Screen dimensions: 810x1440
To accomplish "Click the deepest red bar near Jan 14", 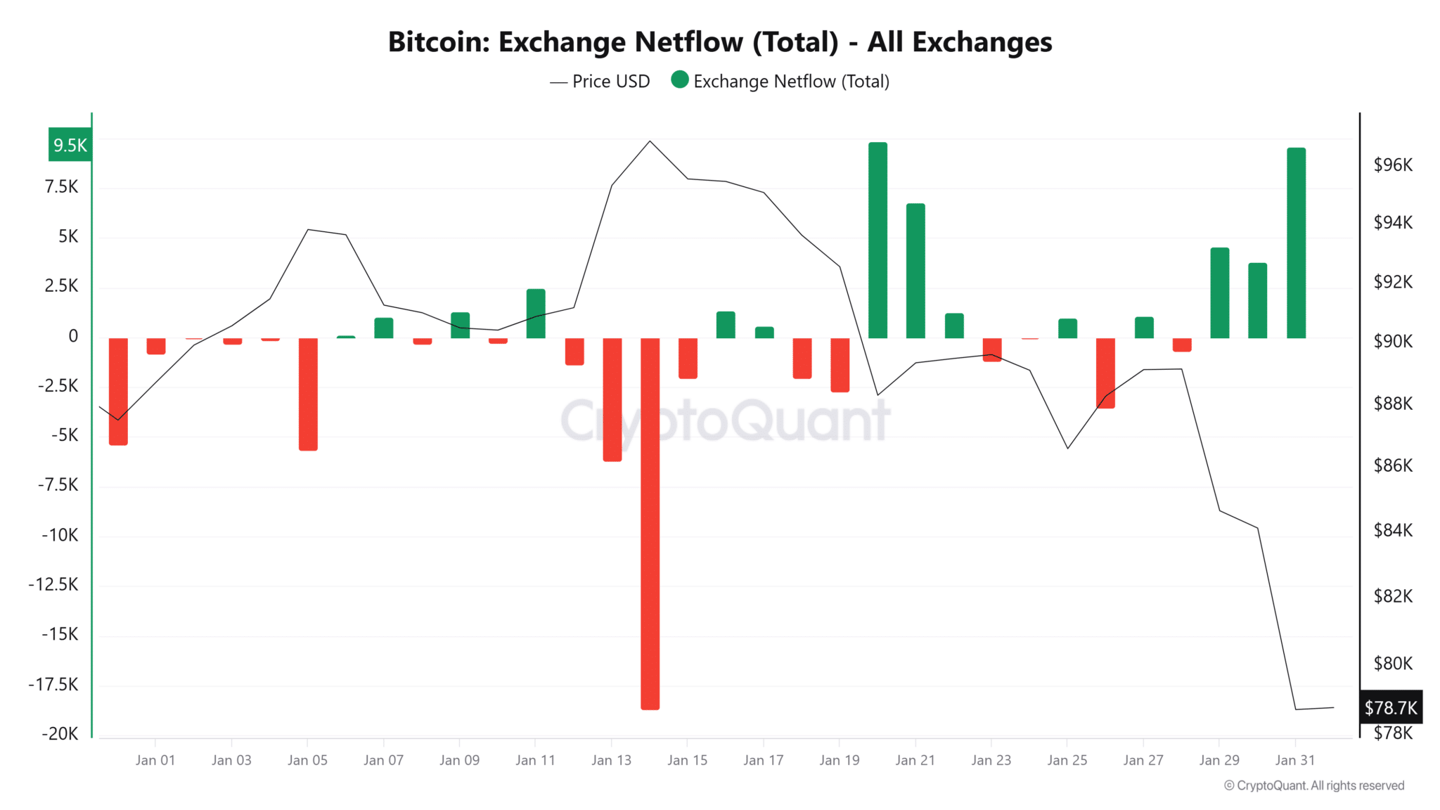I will tap(650, 523).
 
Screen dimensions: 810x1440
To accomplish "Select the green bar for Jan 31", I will tap(1296, 243).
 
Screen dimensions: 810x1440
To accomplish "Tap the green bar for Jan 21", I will tap(915, 271).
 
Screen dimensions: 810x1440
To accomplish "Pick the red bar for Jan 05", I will tap(308, 394).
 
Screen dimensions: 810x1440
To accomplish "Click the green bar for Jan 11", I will tap(536, 314).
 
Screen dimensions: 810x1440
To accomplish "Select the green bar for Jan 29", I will tap(1219, 292).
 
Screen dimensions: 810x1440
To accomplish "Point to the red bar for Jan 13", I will tap(612, 399).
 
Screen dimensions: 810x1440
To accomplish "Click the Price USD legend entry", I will tap(600, 82).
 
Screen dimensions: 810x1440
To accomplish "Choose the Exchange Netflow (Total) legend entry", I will tap(780, 82).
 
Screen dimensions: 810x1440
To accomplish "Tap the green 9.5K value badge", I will tap(70, 145).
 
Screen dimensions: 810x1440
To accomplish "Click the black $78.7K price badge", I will tap(1390, 707).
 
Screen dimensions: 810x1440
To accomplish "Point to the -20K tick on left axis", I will tap(60, 733).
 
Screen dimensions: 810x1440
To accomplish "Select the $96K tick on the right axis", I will tap(1392, 165).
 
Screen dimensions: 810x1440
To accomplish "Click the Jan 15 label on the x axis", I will tap(687, 760).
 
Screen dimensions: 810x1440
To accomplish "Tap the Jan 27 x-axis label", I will tap(1143, 760).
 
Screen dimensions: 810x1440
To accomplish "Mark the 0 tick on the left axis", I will tap(72, 336).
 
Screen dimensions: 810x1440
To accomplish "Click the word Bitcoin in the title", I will tap(439, 42).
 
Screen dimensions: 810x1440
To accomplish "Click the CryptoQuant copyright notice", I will tap(1313, 785).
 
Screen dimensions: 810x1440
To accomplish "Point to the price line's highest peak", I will tap(650, 141).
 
